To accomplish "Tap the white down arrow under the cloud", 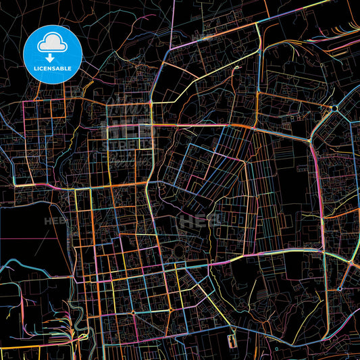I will [52, 57].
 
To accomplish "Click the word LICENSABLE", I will [53, 69].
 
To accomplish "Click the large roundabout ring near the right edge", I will [334, 108].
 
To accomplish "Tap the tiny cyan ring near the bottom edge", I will [276, 349].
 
